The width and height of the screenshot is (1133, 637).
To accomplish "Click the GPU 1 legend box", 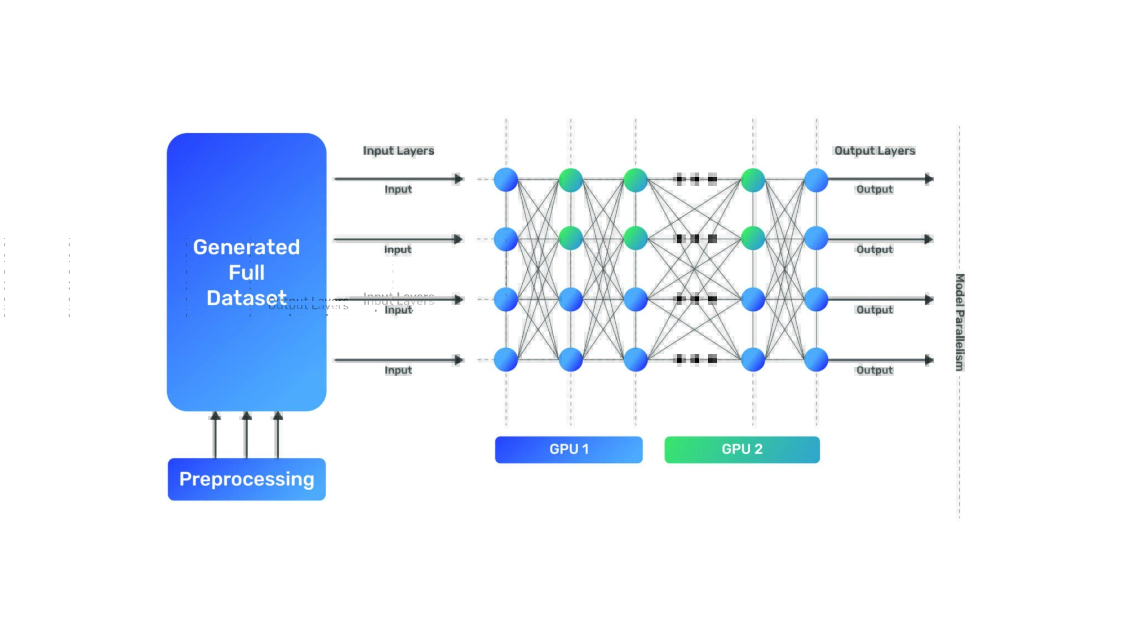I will click(569, 450).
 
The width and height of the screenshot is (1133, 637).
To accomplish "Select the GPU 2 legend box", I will click(742, 450).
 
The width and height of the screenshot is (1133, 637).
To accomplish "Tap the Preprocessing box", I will click(247, 479).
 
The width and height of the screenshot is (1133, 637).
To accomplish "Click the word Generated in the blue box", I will click(246, 247).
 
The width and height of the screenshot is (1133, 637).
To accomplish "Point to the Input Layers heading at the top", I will click(398, 150).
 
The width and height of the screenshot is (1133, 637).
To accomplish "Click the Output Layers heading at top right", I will click(875, 150).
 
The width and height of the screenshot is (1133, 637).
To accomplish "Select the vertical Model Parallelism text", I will click(960, 322).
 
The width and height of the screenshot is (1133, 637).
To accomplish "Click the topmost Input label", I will click(398, 189).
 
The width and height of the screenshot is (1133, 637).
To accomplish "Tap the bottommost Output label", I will click(875, 370).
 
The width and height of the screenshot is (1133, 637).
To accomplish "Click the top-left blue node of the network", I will click(506, 180).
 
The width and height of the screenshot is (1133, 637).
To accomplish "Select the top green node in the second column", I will click(570, 180).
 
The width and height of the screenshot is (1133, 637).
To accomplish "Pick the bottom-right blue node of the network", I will click(816, 359).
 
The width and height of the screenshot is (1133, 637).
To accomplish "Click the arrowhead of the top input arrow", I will click(459, 179).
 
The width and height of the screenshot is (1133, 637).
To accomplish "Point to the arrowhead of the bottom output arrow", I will click(929, 360).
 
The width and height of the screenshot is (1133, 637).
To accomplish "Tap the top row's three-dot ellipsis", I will click(696, 179).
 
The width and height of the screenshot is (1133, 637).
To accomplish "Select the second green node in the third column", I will click(635, 238).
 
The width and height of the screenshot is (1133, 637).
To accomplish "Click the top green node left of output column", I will click(752, 180).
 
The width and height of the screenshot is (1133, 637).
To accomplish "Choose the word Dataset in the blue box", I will click(246, 298).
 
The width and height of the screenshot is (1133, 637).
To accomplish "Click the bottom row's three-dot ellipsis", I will click(696, 359).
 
